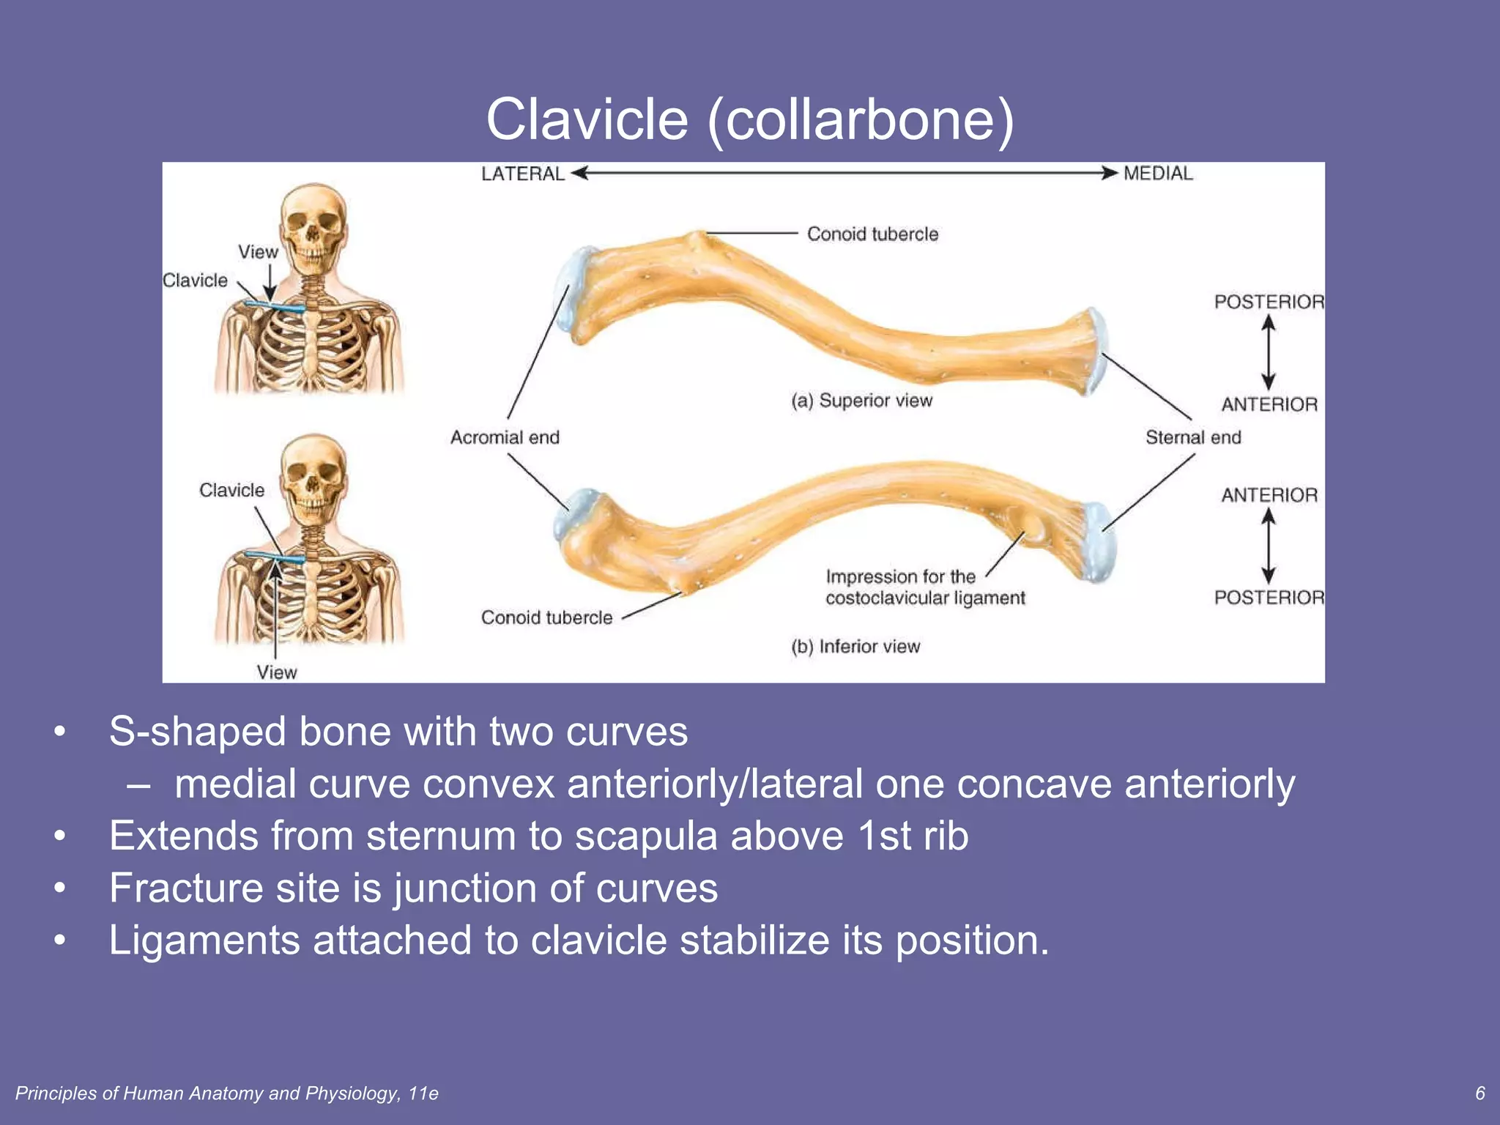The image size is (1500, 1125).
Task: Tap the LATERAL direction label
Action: (x=522, y=174)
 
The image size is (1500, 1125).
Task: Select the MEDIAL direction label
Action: (x=1158, y=174)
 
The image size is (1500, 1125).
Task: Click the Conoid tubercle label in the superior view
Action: (x=872, y=234)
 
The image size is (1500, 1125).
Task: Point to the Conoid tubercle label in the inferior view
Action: (x=546, y=617)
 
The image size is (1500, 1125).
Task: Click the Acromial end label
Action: (x=505, y=437)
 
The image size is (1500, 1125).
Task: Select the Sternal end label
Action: (x=1193, y=437)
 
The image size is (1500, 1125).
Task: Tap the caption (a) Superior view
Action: (x=861, y=401)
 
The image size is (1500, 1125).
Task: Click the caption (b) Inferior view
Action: (x=855, y=647)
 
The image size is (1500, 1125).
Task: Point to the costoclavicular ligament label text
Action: (x=925, y=598)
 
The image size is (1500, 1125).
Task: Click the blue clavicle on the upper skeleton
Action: (x=275, y=307)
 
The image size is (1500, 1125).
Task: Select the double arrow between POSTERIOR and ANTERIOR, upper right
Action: (x=1269, y=353)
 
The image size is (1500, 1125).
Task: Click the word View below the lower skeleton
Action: (x=277, y=672)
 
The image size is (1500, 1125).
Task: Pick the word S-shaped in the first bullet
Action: (x=197, y=731)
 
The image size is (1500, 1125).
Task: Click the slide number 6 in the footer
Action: (x=1479, y=1093)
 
